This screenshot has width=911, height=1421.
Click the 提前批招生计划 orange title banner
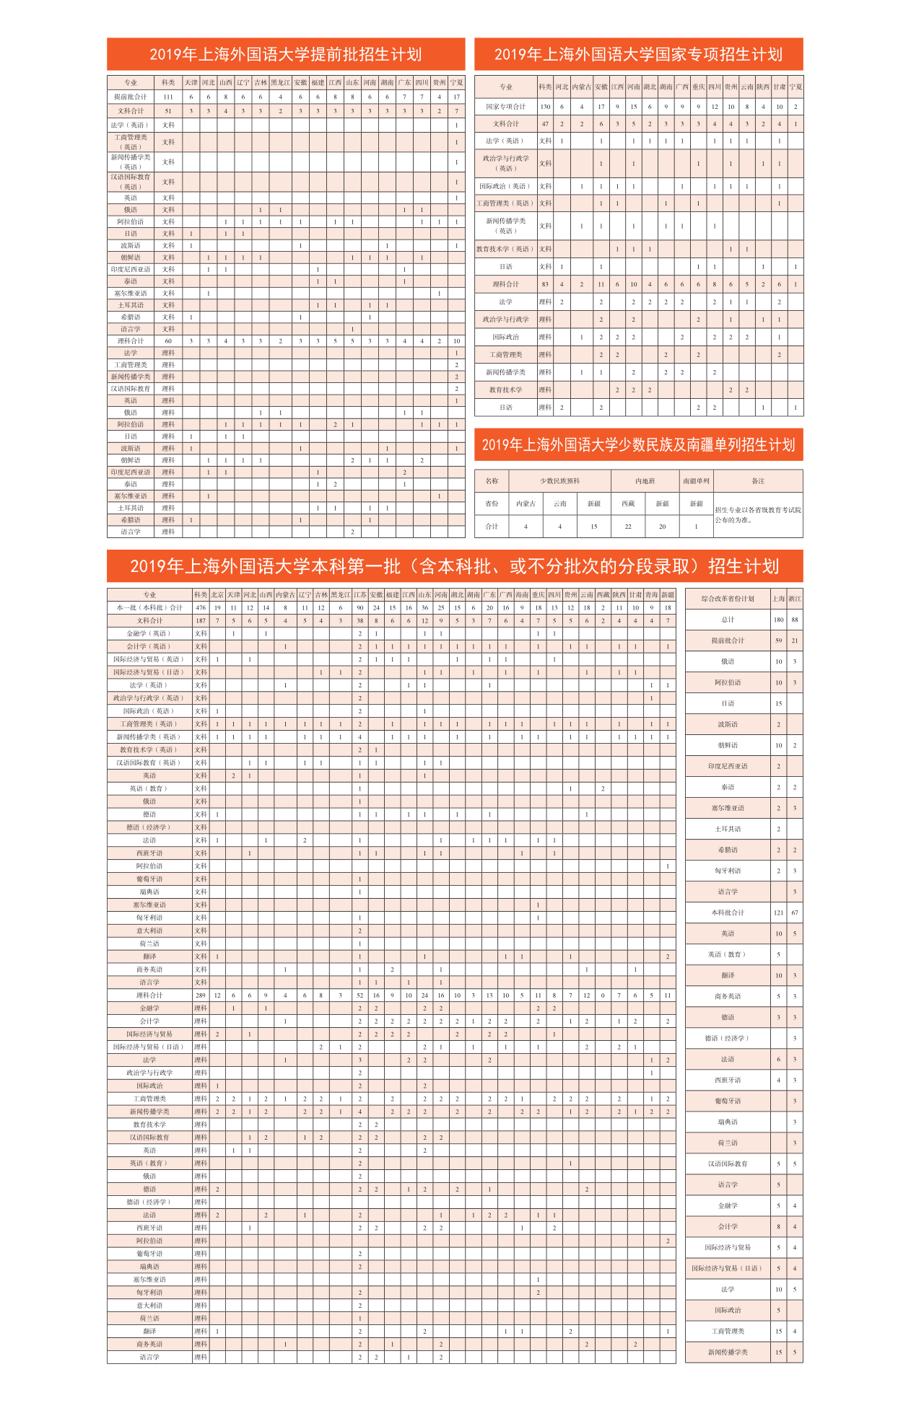(x=286, y=54)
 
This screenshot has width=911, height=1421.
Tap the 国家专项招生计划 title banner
(x=638, y=54)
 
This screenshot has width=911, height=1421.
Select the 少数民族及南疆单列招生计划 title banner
(x=638, y=444)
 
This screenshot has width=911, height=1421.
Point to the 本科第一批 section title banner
(x=455, y=566)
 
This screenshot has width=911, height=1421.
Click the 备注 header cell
(x=758, y=481)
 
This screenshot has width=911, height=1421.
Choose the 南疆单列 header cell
(x=696, y=481)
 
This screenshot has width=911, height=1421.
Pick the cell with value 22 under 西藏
(x=628, y=527)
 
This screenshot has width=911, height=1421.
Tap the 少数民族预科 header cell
(x=560, y=481)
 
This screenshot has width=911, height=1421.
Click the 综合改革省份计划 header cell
(x=728, y=599)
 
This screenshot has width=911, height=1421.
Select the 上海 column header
(x=779, y=599)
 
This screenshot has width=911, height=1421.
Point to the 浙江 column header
(x=795, y=599)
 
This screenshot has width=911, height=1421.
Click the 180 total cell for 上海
(x=779, y=620)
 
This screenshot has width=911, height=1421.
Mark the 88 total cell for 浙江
(x=795, y=620)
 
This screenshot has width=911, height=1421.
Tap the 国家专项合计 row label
(x=505, y=107)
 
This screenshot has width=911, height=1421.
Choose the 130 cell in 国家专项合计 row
(x=545, y=107)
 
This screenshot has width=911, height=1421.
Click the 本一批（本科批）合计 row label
(x=149, y=607)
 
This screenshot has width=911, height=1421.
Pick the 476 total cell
(x=201, y=607)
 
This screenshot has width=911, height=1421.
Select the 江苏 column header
(x=359, y=595)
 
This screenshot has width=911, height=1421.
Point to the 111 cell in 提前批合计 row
(x=168, y=97)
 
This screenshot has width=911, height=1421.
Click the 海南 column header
(x=522, y=595)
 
